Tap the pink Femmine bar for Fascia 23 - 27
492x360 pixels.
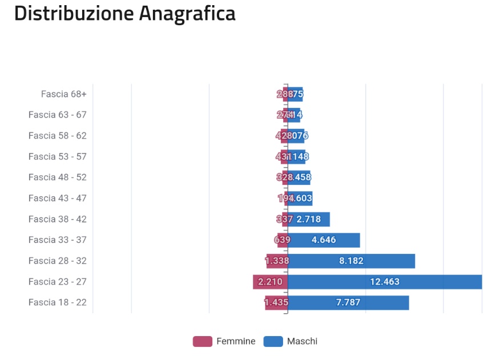(270, 282)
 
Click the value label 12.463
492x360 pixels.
(385, 282)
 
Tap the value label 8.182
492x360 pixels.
(351, 261)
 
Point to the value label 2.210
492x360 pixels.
(270, 282)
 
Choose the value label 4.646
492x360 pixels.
(324, 240)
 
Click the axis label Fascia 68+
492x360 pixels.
(63, 94)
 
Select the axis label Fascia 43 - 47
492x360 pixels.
(57, 199)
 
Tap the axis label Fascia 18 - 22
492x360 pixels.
(57, 302)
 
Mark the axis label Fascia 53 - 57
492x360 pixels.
(57, 157)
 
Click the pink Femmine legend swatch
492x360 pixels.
(203, 342)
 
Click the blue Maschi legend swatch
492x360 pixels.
(273, 342)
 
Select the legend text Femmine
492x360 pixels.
(236, 342)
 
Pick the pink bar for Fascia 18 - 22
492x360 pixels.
(276, 302)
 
